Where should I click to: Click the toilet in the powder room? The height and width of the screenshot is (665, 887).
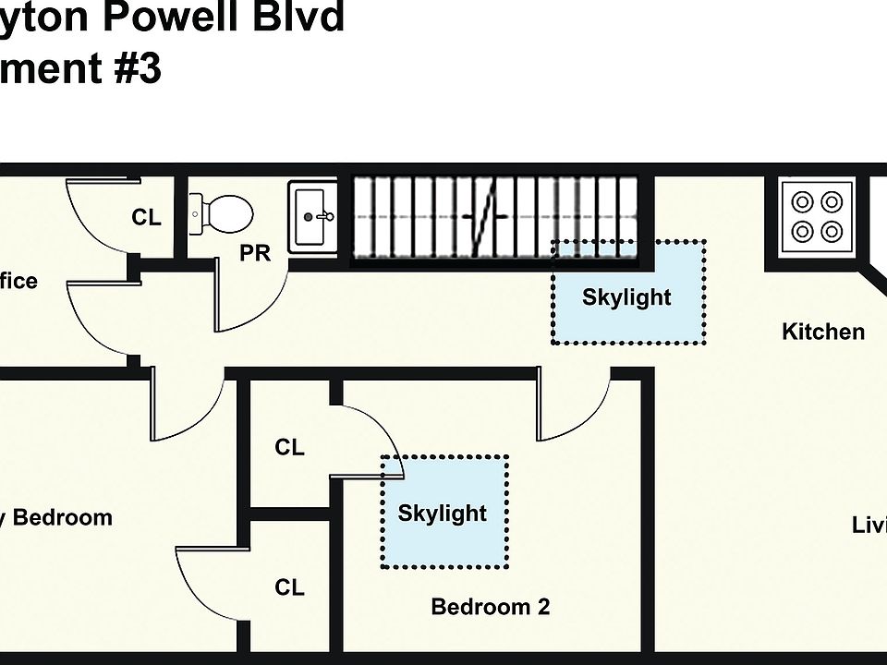tap(222, 214)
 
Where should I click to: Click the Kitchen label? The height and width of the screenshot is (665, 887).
tap(823, 332)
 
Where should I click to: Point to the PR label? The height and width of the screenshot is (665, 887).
tap(255, 253)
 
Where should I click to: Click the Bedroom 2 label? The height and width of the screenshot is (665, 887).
tap(490, 607)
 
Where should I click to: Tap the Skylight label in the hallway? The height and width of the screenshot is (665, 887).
tap(626, 297)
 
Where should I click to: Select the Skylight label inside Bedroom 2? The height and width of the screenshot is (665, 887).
tap(442, 513)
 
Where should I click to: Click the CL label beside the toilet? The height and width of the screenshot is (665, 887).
tap(146, 218)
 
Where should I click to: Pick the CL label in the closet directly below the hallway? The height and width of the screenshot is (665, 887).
tap(289, 448)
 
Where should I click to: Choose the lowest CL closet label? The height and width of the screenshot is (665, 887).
tap(289, 587)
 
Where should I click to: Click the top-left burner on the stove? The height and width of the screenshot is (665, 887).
tap(799, 200)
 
